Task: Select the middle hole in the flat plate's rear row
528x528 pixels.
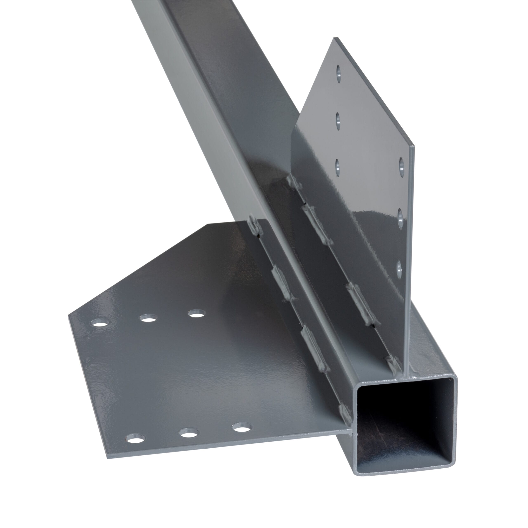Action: tap(148, 318)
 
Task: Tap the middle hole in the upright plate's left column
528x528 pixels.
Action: tap(338, 121)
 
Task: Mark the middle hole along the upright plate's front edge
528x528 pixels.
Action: tap(400, 218)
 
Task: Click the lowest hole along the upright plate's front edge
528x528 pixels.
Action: tap(399, 269)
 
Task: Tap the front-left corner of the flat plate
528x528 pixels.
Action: tap(107, 458)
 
